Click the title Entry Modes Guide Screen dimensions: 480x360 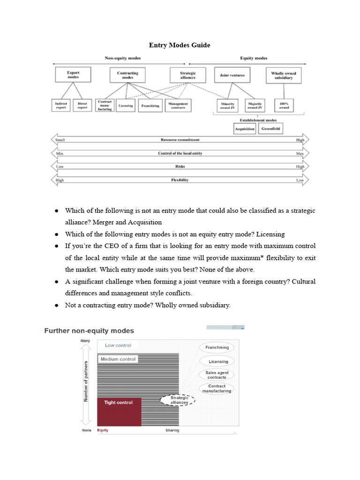[x=180, y=45]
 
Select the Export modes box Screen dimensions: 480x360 [x=73, y=75]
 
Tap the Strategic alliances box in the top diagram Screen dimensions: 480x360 [x=187, y=75]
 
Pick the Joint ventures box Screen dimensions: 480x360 [x=232, y=75]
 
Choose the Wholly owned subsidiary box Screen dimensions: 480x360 [x=284, y=75]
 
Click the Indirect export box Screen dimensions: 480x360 [x=60, y=105]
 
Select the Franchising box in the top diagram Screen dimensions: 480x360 [x=150, y=105]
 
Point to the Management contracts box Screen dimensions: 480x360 [x=178, y=105]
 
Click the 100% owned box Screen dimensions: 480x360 [x=284, y=105]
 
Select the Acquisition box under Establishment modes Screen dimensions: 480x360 [x=245, y=128]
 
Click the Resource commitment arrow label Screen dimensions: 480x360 [x=180, y=140]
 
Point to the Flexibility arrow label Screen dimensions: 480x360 [x=180, y=180]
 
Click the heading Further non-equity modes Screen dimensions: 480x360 [x=89, y=331]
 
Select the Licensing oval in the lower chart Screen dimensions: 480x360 [x=218, y=361]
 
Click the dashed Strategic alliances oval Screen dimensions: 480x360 [x=179, y=400]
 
